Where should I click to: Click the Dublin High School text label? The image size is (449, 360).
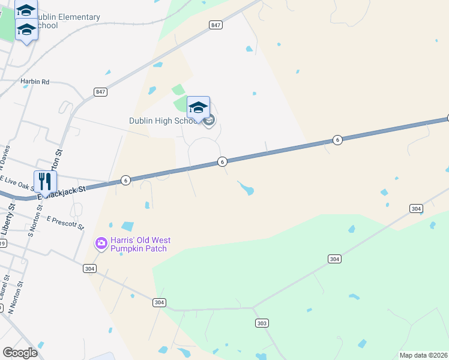point(164,121)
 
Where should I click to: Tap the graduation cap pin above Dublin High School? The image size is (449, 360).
point(198,108)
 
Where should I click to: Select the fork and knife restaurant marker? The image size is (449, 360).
point(45,181)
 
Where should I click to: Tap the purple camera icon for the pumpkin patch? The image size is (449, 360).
point(101,243)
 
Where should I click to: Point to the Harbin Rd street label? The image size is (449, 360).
point(35,82)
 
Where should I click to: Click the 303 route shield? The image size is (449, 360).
point(261,323)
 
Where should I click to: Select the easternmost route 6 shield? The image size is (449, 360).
point(337,140)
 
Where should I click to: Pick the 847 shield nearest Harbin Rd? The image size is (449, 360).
point(100,91)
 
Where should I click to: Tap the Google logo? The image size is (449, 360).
point(20,353)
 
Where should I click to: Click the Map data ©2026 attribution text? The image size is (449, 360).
point(423,355)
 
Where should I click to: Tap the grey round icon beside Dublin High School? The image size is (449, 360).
point(209,122)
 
